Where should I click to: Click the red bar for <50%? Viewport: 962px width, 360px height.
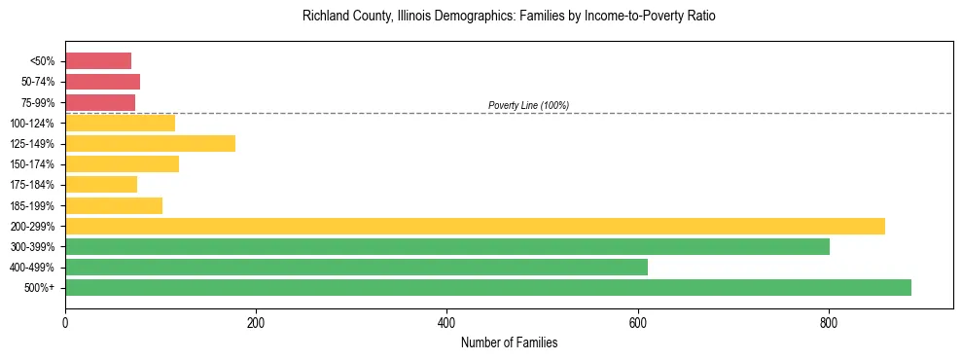(98, 61)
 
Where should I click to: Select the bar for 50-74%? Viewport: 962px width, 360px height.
(102, 82)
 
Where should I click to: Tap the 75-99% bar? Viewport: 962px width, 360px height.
(100, 102)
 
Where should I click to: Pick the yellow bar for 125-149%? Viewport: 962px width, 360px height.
(150, 143)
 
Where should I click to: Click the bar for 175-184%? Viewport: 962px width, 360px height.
(101, 185)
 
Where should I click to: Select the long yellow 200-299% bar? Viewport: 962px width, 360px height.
(475, 226)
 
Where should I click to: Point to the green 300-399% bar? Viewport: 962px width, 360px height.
(447, 246)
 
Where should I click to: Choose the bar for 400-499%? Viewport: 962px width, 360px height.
(356, 267)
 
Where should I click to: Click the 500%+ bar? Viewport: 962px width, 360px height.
(488, 287)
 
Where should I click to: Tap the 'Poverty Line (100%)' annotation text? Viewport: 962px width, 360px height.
(528, 105)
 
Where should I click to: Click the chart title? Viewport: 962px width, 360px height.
(509, 17)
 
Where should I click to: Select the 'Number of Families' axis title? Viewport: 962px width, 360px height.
(509, 342)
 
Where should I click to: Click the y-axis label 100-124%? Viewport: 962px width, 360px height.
(32, 124)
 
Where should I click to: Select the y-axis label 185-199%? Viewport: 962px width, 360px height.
(32, 205)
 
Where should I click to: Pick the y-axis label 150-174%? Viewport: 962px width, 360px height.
(32, 164)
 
